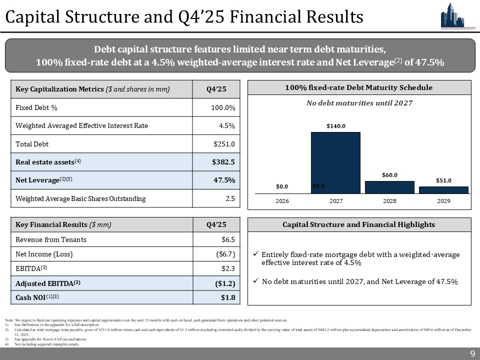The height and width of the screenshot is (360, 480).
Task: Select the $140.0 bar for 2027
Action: (335, 162)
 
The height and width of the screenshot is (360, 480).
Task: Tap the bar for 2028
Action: (389, 187)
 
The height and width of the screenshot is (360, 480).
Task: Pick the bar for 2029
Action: (443, 189)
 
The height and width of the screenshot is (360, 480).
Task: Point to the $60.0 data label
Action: (389, 175)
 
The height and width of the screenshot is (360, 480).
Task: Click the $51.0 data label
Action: (443, 180)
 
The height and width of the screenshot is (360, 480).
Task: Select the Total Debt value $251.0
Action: (224, 144)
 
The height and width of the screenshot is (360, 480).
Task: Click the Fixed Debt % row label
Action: (34, 107)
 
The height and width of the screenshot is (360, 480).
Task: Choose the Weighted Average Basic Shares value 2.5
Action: (230, 198)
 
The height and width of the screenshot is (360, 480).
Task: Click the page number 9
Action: (472, 354)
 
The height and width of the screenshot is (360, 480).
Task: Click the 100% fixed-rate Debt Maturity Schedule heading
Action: (358, 87)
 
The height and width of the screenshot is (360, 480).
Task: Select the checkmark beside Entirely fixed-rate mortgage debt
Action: (256, 254)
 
